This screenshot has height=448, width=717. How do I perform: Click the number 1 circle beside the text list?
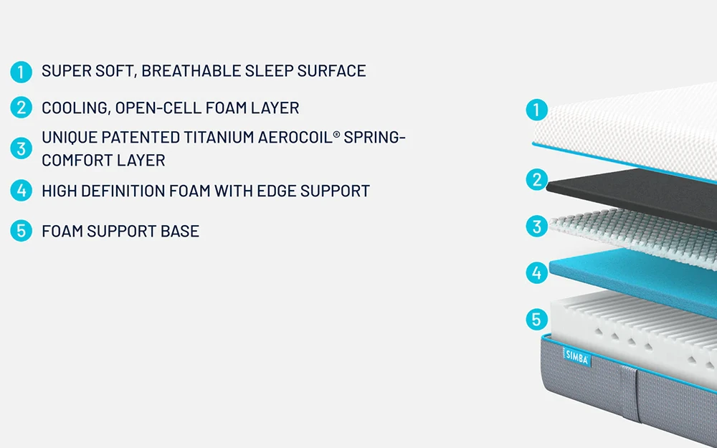(x=21, y=72)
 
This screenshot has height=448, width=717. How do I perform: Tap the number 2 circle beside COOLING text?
(x=21, y=108)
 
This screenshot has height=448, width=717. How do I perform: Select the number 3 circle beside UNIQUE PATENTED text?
(x=21, y=148)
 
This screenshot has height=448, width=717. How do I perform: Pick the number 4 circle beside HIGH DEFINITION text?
(x=21, y=191)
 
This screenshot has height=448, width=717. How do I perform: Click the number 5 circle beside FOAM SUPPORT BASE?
(x=21, y=230)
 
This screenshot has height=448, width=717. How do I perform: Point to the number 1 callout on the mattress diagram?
(x=537, y=110)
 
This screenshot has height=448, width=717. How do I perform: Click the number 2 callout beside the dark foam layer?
(x=537, y=180)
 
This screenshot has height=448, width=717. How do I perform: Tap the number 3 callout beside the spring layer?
(x=537, y=227)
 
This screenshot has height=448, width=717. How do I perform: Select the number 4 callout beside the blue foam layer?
(x=537, y=273)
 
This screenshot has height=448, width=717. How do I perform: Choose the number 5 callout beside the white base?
(x=537, y=319)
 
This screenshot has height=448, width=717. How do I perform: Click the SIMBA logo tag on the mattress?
(x=576, y=357)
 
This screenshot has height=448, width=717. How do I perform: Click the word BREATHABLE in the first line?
(x=191, y=71)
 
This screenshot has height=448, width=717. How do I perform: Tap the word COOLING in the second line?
(x=76, y=108)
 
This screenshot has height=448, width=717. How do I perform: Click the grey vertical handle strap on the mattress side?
(x=630, y=393)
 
